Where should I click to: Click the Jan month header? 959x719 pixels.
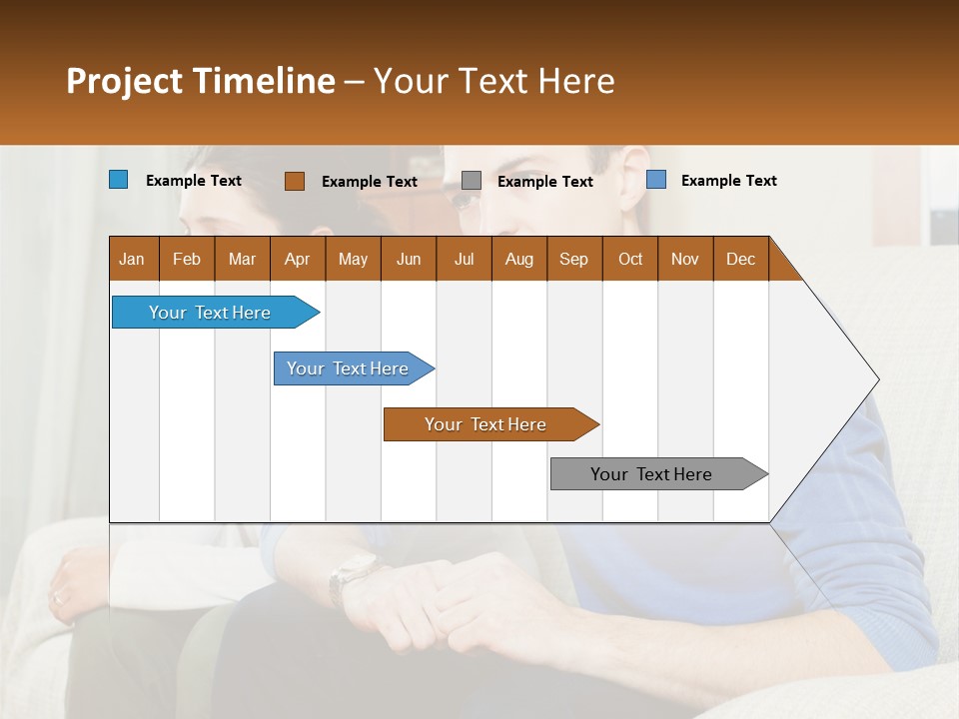click(x=132, y=260)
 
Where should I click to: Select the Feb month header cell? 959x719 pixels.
click(x=187, y=260)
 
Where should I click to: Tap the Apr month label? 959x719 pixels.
click(x=298, y=260)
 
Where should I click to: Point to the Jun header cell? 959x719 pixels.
click(x=409, y=260)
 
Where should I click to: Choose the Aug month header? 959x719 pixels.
click(x=519, y=260)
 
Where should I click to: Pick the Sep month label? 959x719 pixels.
click(x=574, y=260)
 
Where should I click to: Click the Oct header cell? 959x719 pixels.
click(x=630, y=260)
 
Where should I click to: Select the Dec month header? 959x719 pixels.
click(x=741, y=260)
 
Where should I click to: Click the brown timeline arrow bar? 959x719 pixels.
click(x=489, y=424)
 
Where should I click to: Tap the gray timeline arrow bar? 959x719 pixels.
click(x=657, y=474)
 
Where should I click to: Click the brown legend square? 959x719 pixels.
click(x=294, y=181)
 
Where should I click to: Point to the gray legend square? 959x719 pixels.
click(x=472, y=181)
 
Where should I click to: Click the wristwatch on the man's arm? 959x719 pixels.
click(x=354, y=573)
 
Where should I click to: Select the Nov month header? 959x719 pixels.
click(x=685, y=260)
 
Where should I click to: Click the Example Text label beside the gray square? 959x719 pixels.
click(x=544, y=182)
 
